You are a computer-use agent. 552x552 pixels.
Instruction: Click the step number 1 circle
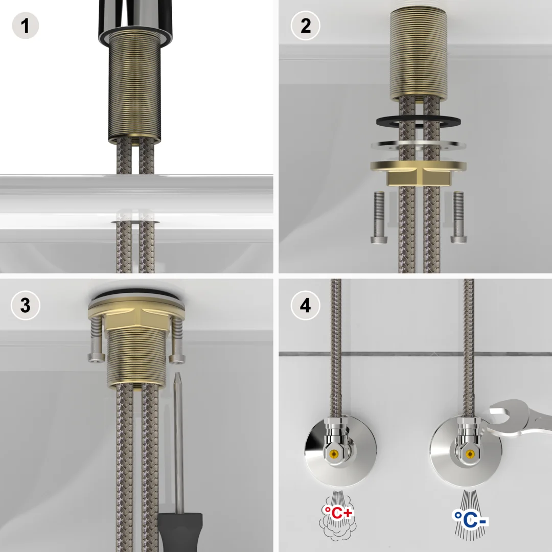click(25, 25)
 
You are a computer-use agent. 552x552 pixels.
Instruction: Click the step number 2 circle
click(305, 25)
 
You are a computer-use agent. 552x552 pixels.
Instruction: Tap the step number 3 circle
click(25, 306)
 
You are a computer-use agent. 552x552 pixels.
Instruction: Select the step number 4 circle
click(305, 306)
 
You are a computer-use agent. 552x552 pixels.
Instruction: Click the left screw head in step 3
click(96, 357)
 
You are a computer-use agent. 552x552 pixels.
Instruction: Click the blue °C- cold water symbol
click(469, 517)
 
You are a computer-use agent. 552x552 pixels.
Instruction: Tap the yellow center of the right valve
click(469, 454)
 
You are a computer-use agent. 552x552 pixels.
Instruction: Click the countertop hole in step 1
click(135, 222)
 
